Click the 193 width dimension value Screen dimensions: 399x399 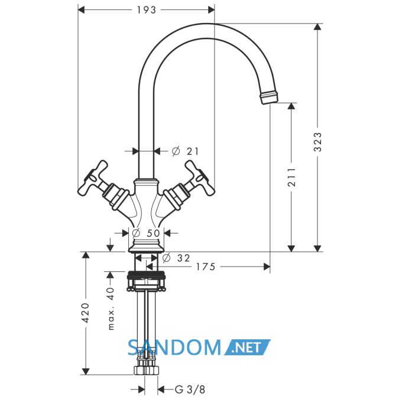click(147, 10)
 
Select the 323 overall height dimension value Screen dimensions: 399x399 click(317, 142)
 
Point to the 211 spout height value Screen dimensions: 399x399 click(291, 177)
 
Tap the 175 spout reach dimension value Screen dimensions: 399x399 click(206, 267)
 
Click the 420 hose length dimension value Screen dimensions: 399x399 click(86, 313)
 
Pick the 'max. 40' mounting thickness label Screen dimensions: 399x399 click(111, 309)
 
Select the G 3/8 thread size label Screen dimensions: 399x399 click(190, 390)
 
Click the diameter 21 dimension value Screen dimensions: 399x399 click(185, 151)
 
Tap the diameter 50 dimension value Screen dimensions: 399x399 click(147, 233)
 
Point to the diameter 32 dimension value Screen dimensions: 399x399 click(176, 258)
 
